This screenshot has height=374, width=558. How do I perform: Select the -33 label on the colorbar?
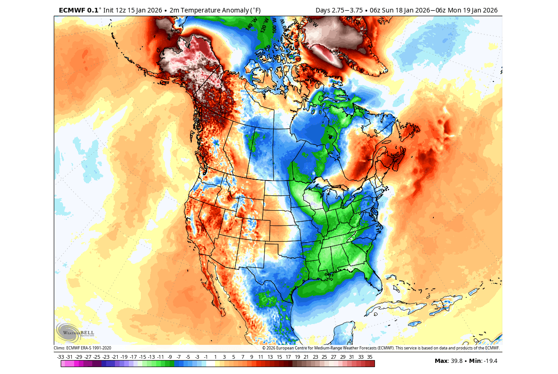pyautogui.click(x=60, y=357)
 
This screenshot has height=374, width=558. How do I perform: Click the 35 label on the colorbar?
pyautogui.click(x=370, y=357)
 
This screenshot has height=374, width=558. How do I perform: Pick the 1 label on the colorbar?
pyautogui.click(x=215, y=357)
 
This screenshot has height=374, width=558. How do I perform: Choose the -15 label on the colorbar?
pyautogui.click(x=142, y=357)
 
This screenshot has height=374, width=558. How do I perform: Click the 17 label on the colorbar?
pyautogui.click(x=288, y=357)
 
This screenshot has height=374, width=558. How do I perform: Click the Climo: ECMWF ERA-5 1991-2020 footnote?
pyautogui.click(x=82, y=348)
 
